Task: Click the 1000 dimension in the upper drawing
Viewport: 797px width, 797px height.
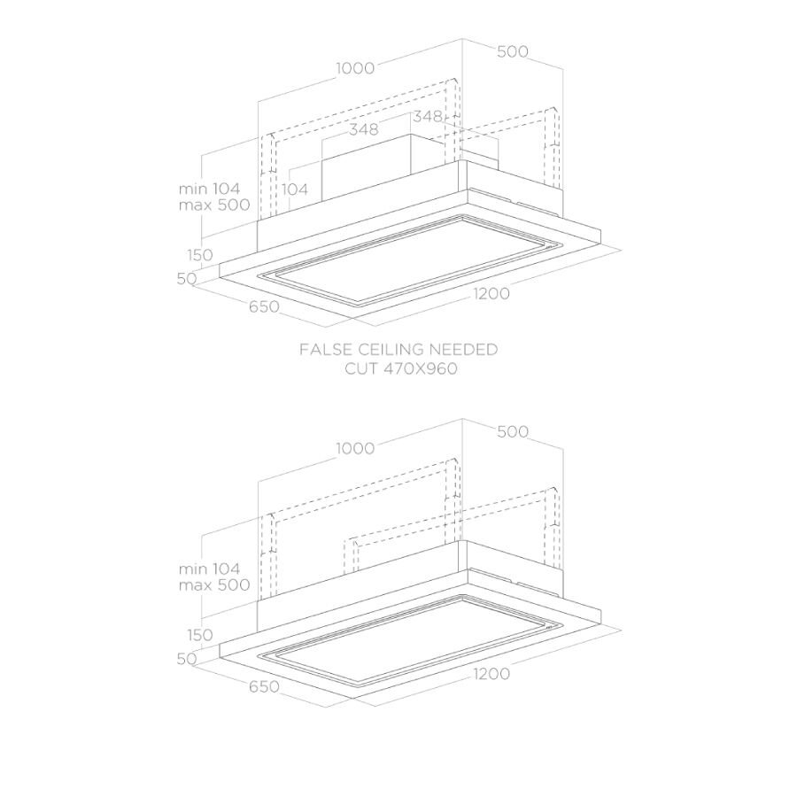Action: [x=355, y=67]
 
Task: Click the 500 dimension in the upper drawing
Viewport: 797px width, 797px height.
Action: [x=513, y=51]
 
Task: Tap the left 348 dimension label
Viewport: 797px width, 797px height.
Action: [x=363, y=129]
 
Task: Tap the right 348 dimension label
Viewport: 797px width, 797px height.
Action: [x=428, y=116]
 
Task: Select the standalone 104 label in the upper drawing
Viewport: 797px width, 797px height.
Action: [x=295, y=190]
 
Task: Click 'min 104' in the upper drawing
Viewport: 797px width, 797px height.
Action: [x=209, y=189]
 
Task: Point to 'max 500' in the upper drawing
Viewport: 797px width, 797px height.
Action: [x=214, y=205]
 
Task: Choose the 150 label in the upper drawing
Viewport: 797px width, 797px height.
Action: [x=200, y=255]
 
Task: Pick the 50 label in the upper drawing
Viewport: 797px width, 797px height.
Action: [x=187, y=279]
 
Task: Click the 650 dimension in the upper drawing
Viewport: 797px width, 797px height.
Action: [x=264, y=306]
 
